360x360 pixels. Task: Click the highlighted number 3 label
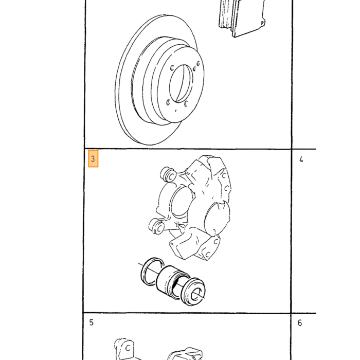tap(93, 158)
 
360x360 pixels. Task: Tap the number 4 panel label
tap(301, 159)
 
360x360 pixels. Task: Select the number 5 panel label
tap(92, 322)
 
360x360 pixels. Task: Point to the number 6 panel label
tap(300, 323)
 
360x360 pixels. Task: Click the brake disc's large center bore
tap(181, 83)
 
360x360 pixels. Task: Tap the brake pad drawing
tap(242, 18)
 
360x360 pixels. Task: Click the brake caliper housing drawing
tap(193, 208)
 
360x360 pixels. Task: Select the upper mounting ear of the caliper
tap(168, 174)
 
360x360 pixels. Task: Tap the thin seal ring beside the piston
tap(152, 271)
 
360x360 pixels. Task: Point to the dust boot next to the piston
tap(193, 292)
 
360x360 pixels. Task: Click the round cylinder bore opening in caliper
tap(182, 201)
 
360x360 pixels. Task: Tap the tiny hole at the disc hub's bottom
tap(176, 111)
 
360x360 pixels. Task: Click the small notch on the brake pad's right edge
tap(263, 23)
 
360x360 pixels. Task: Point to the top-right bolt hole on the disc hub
tap(198, 63)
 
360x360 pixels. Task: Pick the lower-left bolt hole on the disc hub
tap(168, 102)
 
